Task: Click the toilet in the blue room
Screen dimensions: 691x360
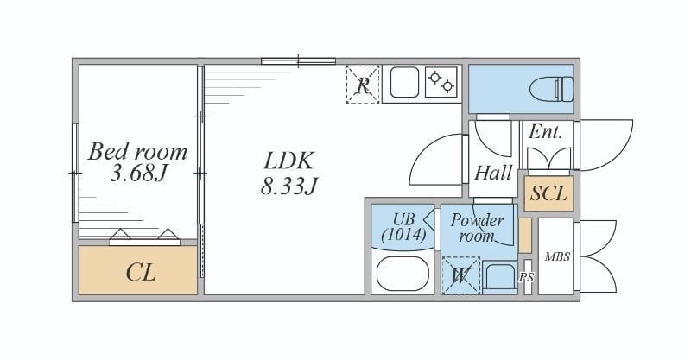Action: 551,89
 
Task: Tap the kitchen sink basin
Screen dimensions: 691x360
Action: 404,82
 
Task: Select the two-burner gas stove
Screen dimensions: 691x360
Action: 441,82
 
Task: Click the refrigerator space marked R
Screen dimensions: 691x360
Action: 363,85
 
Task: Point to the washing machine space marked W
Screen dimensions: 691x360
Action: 460,276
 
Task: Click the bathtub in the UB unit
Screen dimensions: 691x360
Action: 403,274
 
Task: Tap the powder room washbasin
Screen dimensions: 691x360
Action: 499,277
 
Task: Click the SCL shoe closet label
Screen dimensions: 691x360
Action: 548,193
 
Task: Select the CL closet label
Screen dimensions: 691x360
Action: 141,272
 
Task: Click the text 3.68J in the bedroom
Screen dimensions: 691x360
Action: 139,174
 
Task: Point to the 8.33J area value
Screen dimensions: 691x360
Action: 288,186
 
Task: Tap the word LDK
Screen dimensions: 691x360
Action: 288,161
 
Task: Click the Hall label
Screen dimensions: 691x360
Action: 493,173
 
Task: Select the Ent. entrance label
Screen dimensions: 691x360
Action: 546,132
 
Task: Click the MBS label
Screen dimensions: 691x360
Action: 557,256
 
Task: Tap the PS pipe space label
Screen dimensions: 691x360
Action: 527,278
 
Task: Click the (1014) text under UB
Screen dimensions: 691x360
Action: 403,235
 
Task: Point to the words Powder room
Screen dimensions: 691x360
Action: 477,228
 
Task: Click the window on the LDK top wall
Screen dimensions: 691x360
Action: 298,61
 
